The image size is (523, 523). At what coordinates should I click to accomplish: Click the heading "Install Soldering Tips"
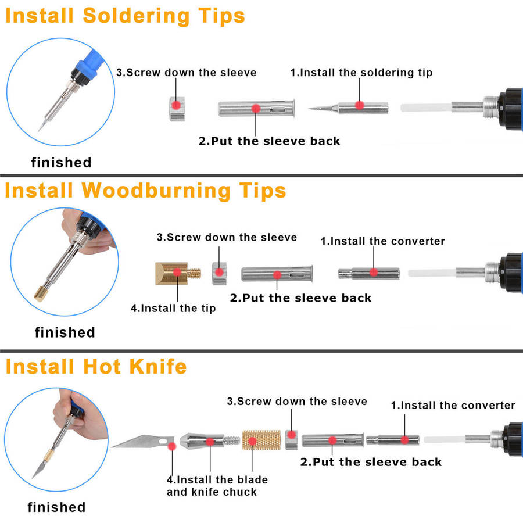(125, 16)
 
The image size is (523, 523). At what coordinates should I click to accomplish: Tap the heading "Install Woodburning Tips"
(145, 191)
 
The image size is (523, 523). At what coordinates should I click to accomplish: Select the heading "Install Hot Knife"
(96, 367)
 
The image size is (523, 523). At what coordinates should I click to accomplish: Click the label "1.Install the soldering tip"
(361, 73)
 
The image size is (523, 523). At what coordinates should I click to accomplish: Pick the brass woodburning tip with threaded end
(177, 273)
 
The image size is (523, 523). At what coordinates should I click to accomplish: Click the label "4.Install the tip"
(173, 309)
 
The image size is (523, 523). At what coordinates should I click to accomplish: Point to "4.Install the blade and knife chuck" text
(217, 486)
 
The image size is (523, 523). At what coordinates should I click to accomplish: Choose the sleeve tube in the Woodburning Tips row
(277, 274)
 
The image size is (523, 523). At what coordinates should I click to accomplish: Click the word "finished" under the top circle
(61, 163)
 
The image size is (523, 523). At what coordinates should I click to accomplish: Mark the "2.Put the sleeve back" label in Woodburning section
(300, 298)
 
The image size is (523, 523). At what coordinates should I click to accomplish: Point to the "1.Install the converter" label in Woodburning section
(383, 241)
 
